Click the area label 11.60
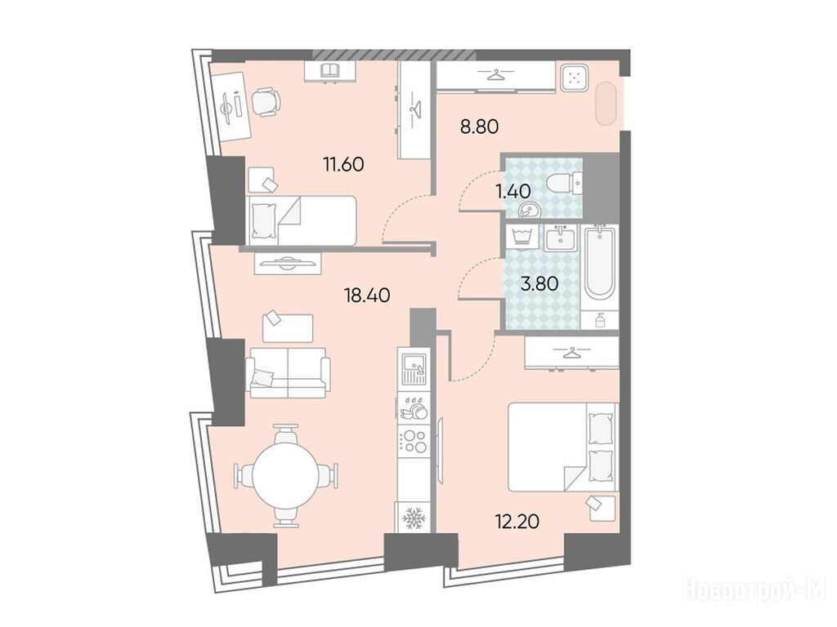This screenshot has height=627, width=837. [x=343, y=163]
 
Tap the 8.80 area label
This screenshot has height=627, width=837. [x=479, y=127]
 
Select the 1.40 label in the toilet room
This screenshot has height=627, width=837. [x=513, y=191]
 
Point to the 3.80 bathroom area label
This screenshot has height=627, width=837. [x=539, y=283]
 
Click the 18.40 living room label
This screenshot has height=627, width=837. [x=367, y=294]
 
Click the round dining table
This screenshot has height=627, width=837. [x=286, y=475]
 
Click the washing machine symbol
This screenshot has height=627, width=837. [x=523, y=237]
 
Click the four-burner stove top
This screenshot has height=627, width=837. [x=414, y=441]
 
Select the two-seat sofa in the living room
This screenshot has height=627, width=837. [x=288, y=372]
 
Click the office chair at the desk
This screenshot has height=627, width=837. [x=266, y=102]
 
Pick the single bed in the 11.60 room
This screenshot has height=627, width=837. [x=301, y=220]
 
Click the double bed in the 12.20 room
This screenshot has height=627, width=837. [x=563, y=447]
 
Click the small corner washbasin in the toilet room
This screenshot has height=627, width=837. [x=530, y=211]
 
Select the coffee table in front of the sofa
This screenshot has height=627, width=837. [x=288, y=328]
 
